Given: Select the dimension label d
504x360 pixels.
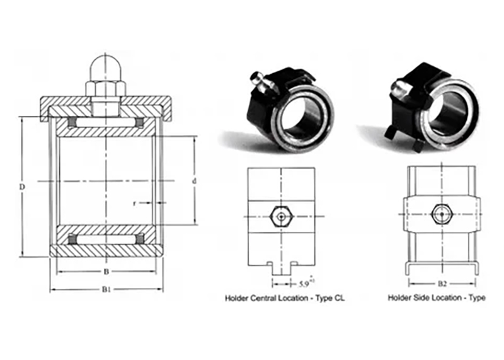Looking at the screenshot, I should point(194,182).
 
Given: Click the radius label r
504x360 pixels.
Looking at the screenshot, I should point(135,203).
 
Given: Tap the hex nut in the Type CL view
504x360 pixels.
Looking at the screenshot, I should point(280,217).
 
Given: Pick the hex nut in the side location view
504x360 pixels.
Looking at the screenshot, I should point(441,214).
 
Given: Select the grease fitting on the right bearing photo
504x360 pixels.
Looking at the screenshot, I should point(398,91).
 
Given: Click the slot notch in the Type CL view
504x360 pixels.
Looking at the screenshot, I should point(280,264).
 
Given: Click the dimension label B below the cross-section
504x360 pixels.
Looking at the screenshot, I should point(105,272).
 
